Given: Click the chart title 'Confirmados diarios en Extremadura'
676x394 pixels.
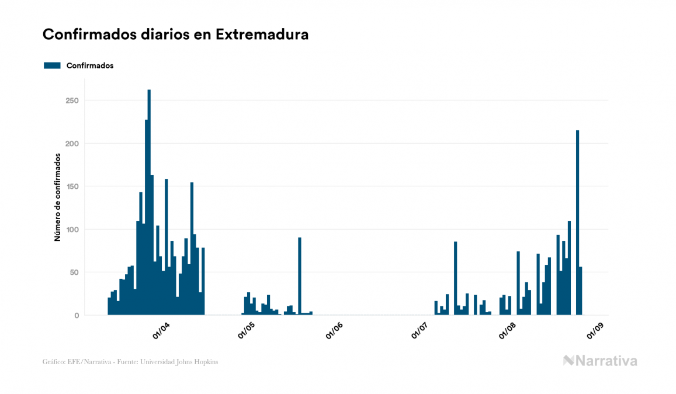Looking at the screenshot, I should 175,34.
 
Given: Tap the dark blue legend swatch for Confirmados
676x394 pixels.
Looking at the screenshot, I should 52,65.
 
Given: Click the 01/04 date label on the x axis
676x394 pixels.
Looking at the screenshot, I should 161,330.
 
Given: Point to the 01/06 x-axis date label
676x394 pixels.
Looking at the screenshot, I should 334,330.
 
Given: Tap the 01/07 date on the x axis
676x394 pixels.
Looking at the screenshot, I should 420,330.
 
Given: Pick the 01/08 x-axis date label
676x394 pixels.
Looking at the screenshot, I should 507,330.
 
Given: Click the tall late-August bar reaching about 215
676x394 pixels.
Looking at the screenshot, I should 577,222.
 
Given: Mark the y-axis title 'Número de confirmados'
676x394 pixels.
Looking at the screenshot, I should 57,198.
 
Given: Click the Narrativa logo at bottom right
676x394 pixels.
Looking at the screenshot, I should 600,361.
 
